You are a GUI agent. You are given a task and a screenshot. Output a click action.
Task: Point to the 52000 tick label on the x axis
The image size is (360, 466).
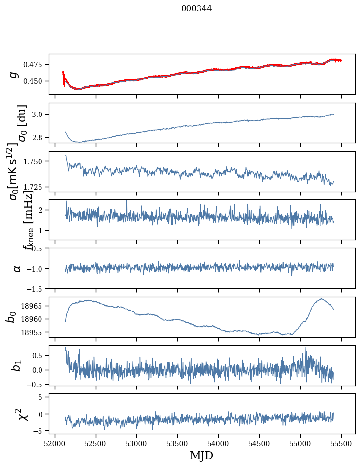(x=55, y=443)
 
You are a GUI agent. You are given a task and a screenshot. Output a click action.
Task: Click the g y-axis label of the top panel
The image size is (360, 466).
(x=15, y=74)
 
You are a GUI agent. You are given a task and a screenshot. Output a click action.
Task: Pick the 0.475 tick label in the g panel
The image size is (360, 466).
(x=34, y=65)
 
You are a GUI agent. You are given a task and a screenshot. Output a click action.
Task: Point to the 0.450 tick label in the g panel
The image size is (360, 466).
(x=34, y=81)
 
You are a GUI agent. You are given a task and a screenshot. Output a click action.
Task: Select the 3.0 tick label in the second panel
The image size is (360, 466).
(x=39, y=115)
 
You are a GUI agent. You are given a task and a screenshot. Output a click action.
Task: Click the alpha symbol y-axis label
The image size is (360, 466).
(x=17, y=268)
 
